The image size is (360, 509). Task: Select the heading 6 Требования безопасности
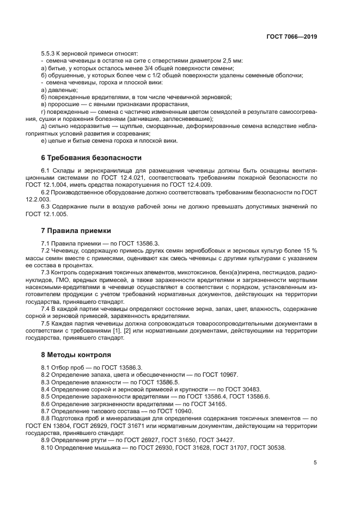click(91, 158)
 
